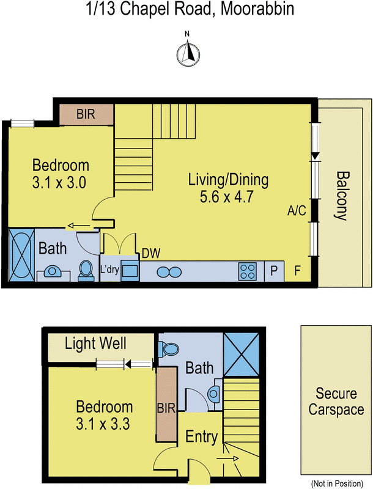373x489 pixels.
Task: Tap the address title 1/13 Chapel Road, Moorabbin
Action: point(190,9)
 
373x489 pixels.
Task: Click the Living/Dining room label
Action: point(228,180)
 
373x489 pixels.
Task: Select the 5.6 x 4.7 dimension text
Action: point(226,197)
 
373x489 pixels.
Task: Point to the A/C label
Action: point(297,211)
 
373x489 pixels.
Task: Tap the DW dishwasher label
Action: point(151,253)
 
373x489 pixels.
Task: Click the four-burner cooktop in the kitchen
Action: point(247,271)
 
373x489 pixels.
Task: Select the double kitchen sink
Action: point(169,272)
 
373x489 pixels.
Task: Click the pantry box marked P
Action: point(274,271)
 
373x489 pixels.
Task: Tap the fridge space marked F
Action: point(297,270)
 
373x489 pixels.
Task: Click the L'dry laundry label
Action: point(109,269)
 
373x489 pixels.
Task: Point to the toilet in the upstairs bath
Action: point(86,270)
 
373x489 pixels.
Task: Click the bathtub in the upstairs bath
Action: point(21,255)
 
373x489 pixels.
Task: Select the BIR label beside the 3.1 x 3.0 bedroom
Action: point(86,114)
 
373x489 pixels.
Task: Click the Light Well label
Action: point(95,344)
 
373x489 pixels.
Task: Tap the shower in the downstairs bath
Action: point(242,355)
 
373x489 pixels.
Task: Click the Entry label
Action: point(201,436)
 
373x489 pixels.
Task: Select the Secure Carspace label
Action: point(336,402)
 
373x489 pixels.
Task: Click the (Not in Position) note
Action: point(337,483)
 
